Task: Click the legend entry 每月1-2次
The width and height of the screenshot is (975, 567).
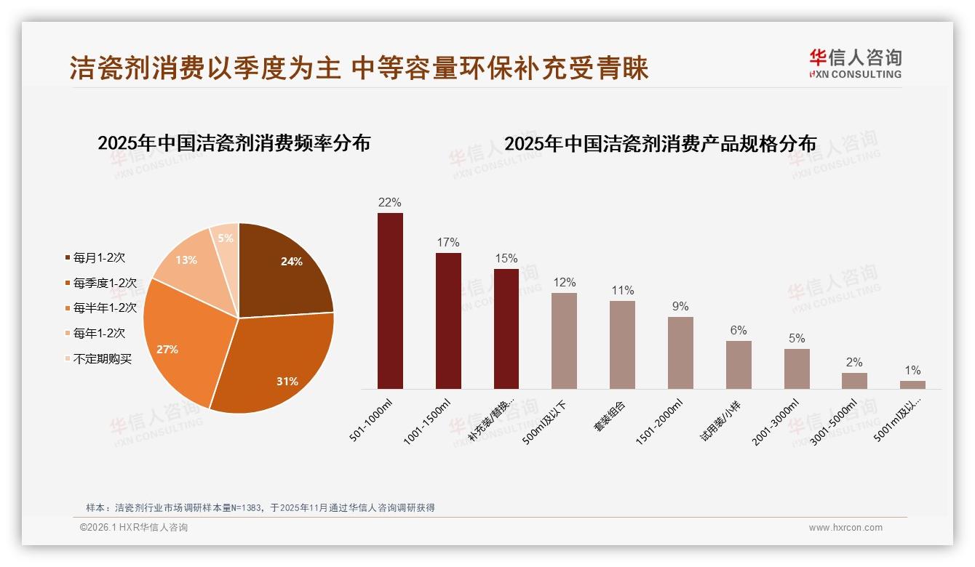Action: click(x=99, y=257)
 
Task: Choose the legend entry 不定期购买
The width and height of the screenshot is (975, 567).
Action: click(x=103, y=358)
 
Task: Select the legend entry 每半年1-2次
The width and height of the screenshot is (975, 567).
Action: click(x=105, y=307)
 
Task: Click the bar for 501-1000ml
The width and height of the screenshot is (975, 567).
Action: click(x=390, y=301)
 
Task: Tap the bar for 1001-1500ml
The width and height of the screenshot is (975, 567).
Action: click(x=448, y=321)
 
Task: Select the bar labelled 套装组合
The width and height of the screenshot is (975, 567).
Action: click(x=622, y=345)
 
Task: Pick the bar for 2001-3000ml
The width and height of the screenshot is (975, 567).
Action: click(x=797, y=369)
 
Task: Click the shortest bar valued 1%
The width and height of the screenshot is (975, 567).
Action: click(x=912, y=385)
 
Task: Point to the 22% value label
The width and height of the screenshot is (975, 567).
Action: click(x=390, y=203)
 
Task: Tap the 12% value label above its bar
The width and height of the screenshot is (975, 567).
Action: click(x=564, y=283)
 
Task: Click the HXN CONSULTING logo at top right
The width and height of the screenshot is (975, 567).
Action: click(x=855, y=64)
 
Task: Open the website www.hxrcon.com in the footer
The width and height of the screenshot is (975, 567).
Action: click(x=845, y=528)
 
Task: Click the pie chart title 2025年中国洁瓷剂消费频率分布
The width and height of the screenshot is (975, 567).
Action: click(x=234, y=143)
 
